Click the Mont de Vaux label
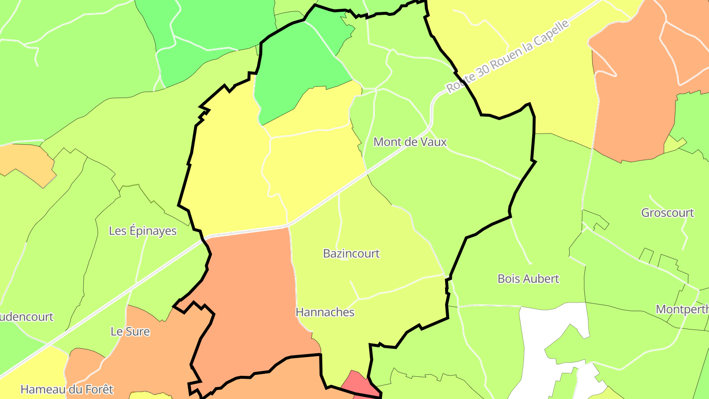pyautogui.click(x=410, y=142)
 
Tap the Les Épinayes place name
pyautogui.click(x=142, y=231)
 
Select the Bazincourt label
pyautogui.click(x=351, y=254)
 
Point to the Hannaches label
pyautogui.click(x=325, y=312)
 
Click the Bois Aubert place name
pyautogui.click(x=528, y=279)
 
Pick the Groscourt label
pyautogui.click(x=667, y=213)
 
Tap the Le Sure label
pyautogui.click(x=130, y=332)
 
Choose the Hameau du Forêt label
pyautogui.click(x=66, y=390)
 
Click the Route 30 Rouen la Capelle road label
pyautogui.click(x=508, y=56)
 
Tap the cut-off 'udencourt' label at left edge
pyautogui.click(x=27, y=317)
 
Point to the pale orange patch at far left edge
pyautogui.click(x=25, y=160)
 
